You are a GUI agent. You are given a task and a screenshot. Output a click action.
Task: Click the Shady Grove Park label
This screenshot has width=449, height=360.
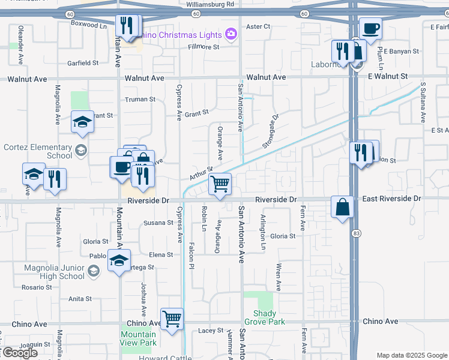pyautogui.click(x=265, y=317)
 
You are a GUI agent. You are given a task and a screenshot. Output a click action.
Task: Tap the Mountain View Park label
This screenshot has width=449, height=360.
pyautogui.click(x=138, y=338)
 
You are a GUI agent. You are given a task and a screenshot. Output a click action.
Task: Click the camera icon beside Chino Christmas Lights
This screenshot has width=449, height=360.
pyautogui.click(x=231, y=34)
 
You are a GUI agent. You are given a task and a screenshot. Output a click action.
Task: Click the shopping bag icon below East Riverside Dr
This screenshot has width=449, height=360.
pyautogui.click(x=342, y=206)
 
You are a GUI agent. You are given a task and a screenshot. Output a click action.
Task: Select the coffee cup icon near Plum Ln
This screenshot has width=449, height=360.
pyautogui.click(x=370, y=28)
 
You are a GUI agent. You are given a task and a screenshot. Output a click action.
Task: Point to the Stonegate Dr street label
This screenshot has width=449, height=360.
pyautogui.click(x=271, y=132)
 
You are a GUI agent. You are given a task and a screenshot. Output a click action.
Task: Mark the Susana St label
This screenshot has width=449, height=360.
pyautogui.click(x=158, y=223)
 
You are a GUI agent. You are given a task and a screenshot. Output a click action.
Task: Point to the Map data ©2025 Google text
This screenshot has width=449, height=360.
pyautogui.click(x=411, y=355)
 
